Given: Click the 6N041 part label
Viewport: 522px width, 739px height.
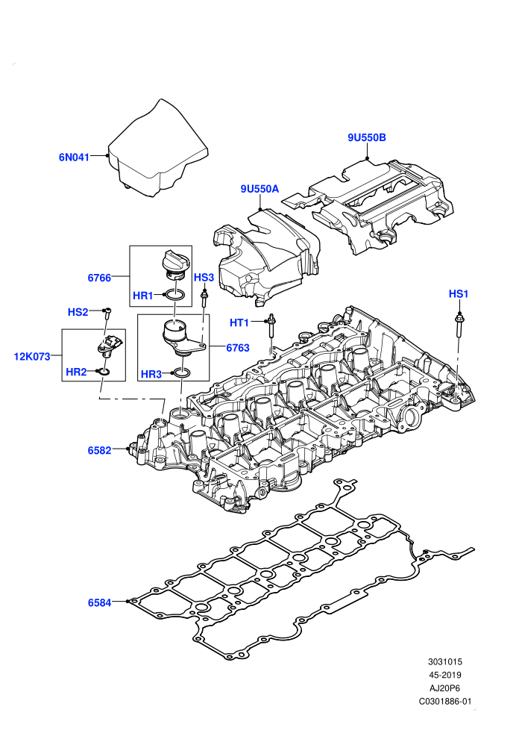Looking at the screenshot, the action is tap(74, 158).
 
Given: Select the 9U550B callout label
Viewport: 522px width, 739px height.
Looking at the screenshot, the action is tap(367, 137).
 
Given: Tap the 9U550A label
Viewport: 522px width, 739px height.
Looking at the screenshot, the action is tap(260, 189).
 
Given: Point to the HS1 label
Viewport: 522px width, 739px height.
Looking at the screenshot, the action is tap(459, 294).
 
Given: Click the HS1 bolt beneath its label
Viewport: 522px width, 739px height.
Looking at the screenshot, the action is tap(459, 325).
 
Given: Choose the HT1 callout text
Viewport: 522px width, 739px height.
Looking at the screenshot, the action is tap(239, 322).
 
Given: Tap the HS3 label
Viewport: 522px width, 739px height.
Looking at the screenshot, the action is tap(204, 278).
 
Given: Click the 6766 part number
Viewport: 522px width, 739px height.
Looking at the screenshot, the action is tap(99, 278).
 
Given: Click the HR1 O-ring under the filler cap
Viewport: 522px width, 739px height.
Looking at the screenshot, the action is tap(174, 296).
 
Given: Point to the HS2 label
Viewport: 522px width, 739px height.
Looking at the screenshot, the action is tap(78, 312).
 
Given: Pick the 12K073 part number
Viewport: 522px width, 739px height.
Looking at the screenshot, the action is tap(32, 357).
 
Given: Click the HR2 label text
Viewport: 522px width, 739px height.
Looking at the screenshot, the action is tap(76, 372).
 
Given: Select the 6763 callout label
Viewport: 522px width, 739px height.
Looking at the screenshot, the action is tap(238, 348).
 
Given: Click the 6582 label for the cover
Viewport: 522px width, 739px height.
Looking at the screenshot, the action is tap(99, 451).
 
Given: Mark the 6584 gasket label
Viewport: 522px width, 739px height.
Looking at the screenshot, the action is tap(99, 603).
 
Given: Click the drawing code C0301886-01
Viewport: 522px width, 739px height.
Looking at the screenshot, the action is tap(445, 701).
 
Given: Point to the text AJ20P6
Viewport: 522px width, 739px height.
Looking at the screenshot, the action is tap(445, 688).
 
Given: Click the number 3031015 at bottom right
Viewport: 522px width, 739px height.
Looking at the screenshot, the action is tap(445, 661).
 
